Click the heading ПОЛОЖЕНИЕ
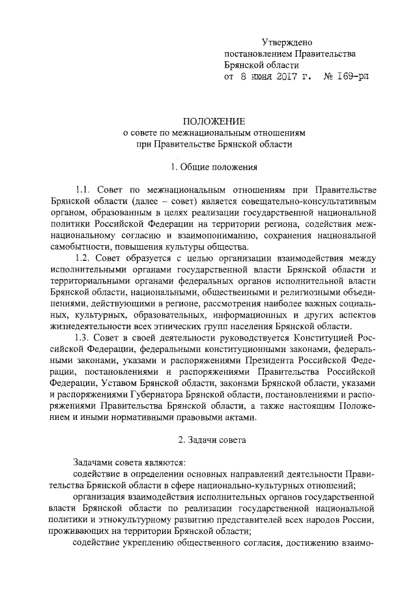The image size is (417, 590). (214, 121)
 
